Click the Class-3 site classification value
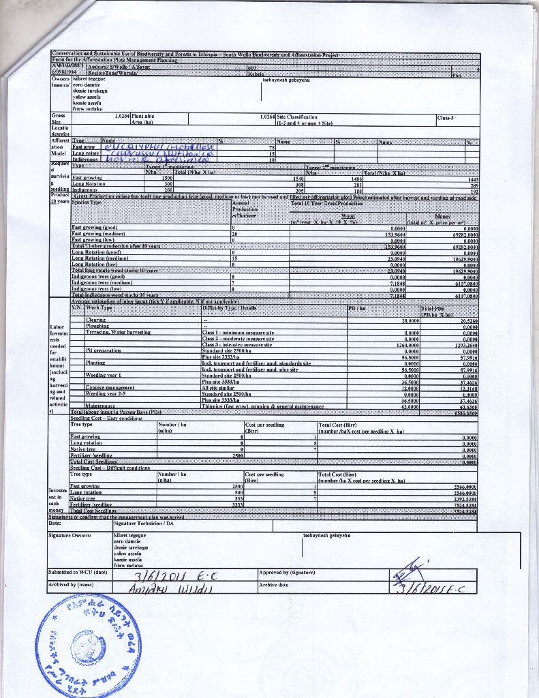tap(447, 117)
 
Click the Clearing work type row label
tap(96, 320)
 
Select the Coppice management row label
tap(110, 387)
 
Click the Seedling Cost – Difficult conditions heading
tap(110, 468)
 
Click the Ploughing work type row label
tap(98, 326)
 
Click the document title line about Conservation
tap(195, 53)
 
